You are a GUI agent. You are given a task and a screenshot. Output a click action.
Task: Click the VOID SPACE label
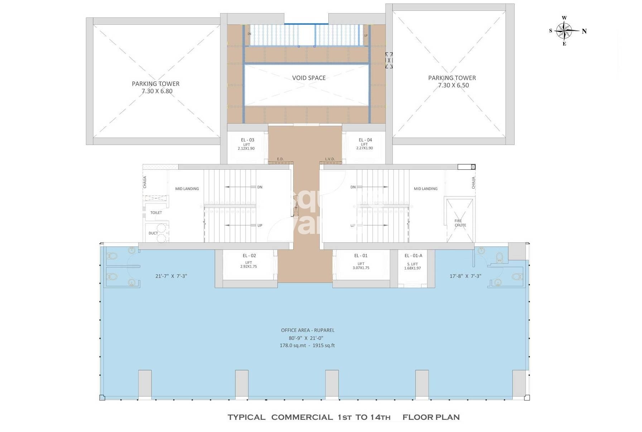309,78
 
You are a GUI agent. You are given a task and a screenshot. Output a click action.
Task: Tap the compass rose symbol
564,30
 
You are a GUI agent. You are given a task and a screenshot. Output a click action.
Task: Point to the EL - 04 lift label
365,140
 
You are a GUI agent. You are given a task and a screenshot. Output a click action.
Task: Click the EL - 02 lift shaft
249,265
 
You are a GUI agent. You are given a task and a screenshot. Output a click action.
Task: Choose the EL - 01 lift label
361,256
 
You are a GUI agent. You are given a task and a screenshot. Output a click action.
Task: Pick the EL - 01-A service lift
413,265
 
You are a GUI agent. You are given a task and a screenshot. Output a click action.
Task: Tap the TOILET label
156,213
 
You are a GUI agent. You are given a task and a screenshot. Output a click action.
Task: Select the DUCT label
153,233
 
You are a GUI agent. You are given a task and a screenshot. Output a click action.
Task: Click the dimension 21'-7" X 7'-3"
171,276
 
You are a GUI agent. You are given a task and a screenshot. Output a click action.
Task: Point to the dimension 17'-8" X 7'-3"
465,276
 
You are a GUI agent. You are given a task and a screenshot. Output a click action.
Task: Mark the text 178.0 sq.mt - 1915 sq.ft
307,345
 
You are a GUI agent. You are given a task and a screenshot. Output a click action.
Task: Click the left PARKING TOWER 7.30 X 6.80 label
155,87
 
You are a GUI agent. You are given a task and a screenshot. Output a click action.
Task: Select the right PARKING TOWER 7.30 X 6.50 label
452,82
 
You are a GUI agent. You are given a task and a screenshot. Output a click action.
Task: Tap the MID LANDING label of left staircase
187,189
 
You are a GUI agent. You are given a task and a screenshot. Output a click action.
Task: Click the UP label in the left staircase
260,225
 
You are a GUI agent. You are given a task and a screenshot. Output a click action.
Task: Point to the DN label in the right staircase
353,187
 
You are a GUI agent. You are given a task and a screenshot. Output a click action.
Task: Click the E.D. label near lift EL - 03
280,159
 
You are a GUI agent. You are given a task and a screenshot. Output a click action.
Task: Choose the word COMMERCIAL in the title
302,417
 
